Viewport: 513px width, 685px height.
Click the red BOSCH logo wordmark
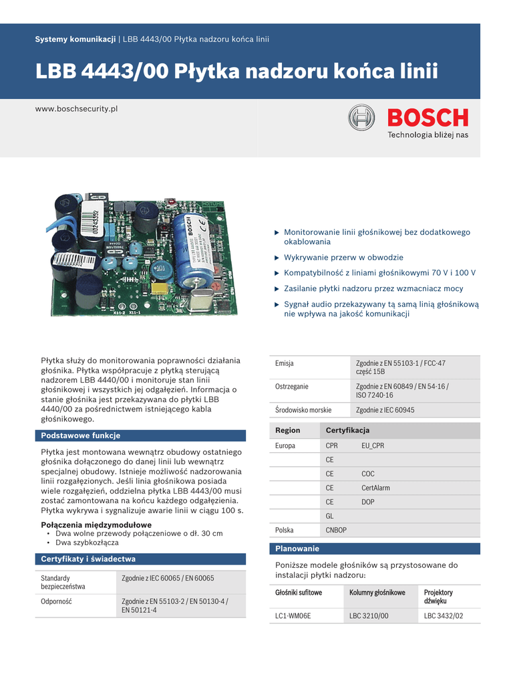[x=428, y=118]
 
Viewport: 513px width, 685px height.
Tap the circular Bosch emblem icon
[x=361, y=118]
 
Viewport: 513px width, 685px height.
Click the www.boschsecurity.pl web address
[x=76, y=108]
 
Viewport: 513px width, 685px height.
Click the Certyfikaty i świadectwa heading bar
[x=88, y=559]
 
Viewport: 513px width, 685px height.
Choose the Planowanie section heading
[x=297, y=549]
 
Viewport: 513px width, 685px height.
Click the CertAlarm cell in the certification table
[x=375, y=488]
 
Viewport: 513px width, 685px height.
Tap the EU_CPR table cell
[x=373, y=446]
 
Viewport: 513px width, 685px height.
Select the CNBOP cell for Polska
[x=337, y=530]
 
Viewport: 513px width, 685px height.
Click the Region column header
[x=288, y=430]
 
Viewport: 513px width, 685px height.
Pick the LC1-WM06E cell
[x=293, y=615]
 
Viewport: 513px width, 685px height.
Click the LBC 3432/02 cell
[x=444, y=615]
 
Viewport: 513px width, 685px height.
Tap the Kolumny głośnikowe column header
[x=377, y=593]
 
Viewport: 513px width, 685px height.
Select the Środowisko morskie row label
[x=303, y=410]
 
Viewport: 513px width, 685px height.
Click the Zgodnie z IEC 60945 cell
[x=385, y=410]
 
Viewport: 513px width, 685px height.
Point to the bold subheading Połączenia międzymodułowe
[x=96, y=524]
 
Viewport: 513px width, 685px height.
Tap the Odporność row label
[x=56, y=601]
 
